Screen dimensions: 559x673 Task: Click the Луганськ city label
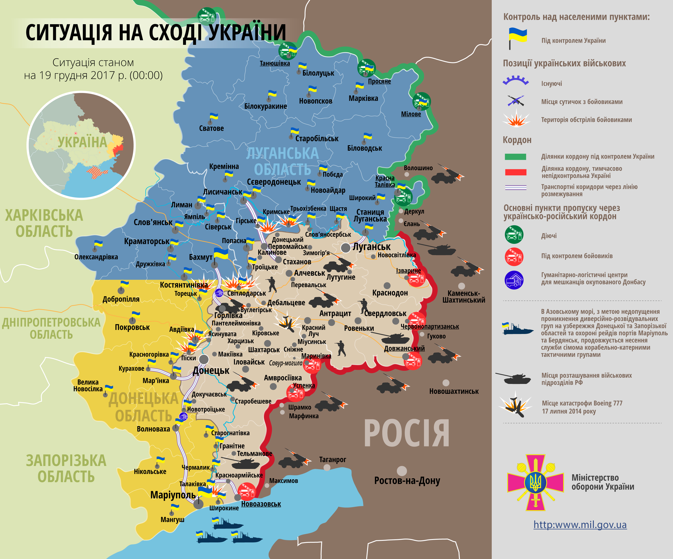[x=371, y=247]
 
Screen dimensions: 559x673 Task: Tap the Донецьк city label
[x=211, y=370]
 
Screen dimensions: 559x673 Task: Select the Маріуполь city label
[x=173, y=495]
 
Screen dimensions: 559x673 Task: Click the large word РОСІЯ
[x=406, y=434]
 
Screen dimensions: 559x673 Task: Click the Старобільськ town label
[x=317, y=139]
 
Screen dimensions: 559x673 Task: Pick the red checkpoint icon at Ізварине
[x=416, y=278]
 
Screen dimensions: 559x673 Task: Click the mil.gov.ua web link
[x=580, y=525]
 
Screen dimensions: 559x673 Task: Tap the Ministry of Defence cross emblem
[x=535, y=483]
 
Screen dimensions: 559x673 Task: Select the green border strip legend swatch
[x=515, y=156]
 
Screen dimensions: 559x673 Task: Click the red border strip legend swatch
[x=515, y=172]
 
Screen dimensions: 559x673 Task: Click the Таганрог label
[x=332, y=459]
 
